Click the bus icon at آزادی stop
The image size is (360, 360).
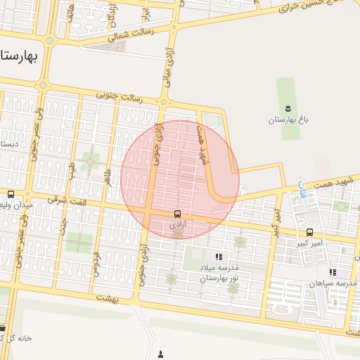(176, 213)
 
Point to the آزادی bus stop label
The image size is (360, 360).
(177, 225)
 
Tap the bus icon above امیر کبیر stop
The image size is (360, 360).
(309, 232)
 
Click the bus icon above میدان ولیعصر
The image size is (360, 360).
(11, 193)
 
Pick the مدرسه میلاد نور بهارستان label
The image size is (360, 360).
(219, 273)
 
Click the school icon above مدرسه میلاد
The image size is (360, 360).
(219, 257)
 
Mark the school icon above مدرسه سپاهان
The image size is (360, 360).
(333, 272)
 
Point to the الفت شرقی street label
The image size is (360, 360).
(64, 202)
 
